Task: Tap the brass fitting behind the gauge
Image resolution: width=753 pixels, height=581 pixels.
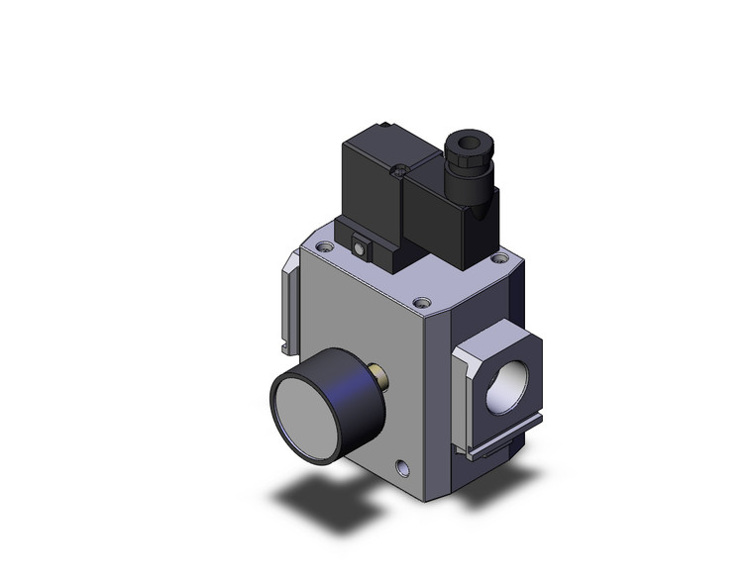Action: (x=378, y=375)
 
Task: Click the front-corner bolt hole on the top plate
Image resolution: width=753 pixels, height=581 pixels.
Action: (x=423, y=303)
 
